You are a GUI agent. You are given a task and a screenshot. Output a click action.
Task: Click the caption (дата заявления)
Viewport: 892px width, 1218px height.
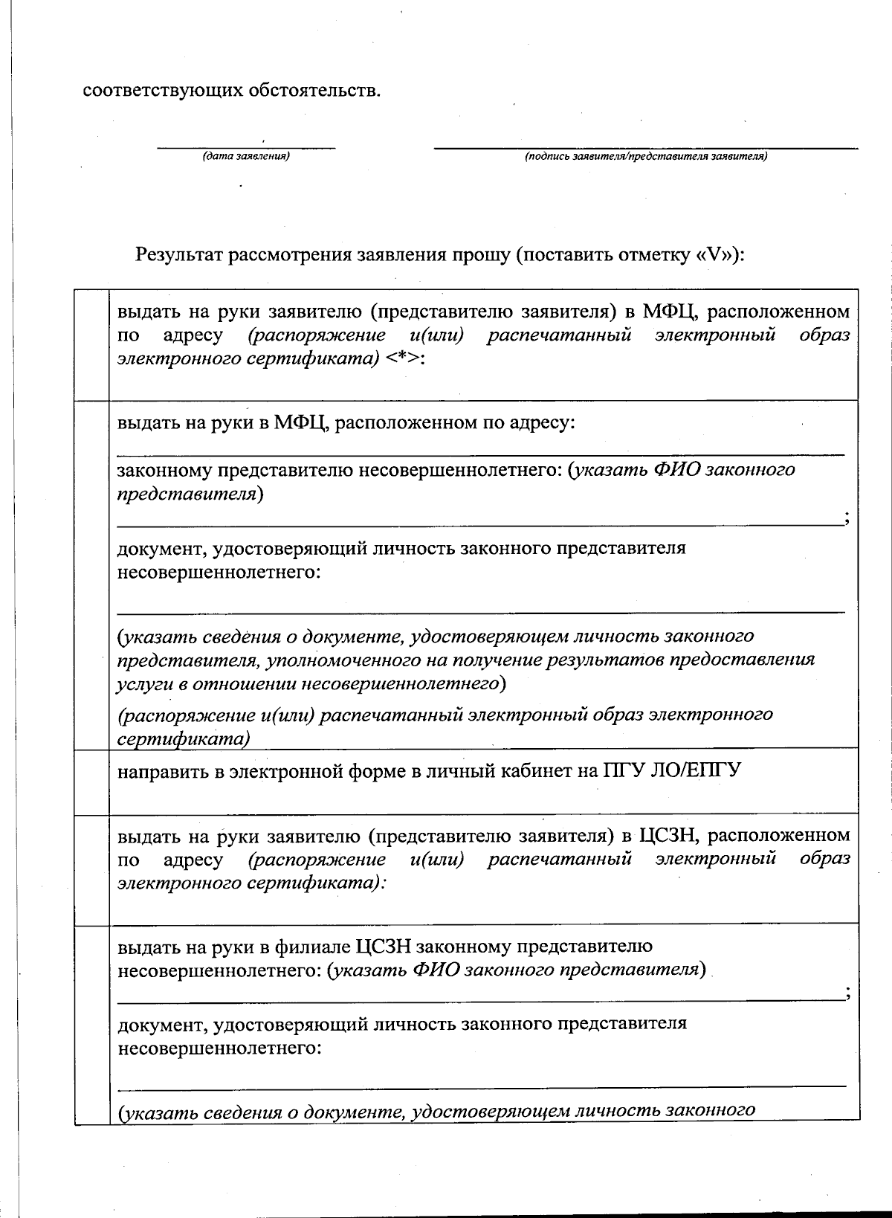click(245, 156)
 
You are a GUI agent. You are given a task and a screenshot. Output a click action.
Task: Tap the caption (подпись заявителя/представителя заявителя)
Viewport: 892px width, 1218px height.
click(645, 156)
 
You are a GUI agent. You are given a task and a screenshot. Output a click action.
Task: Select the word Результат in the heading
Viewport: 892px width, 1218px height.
click(178, 256)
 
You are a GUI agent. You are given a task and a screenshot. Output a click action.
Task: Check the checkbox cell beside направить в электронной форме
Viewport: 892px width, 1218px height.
click(92, 782)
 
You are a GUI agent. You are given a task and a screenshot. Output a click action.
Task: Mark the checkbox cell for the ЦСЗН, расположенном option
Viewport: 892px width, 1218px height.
click(92, 870)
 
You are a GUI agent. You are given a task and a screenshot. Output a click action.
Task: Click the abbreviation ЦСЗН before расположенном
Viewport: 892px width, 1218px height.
click(668, 836)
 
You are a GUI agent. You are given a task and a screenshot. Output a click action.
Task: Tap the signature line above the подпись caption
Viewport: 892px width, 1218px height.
click(645, 148)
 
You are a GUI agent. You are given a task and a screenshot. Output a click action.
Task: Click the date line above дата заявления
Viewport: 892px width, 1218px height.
click(245, 148)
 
